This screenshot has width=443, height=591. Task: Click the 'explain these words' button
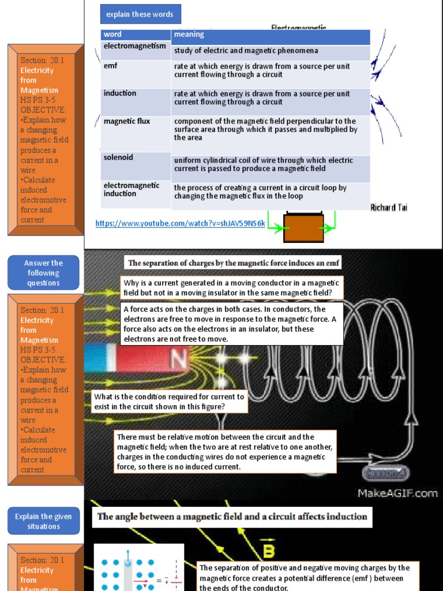pyautogui.click(x=140, y=14)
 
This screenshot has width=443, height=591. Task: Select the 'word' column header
pyautogui.click(x=113, y=35)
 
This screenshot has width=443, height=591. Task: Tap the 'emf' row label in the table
pyautogui.click(x=111, y=66)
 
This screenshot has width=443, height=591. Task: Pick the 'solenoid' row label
pyautogui.click(x=118, y=157)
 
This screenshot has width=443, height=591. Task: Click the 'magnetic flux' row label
pyautogui.click(x=127, y=121)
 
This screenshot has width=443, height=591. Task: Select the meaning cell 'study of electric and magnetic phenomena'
pyautogui.click(x=246, y=51)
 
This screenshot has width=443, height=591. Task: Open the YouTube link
pyautogui.click(x=181, y=223)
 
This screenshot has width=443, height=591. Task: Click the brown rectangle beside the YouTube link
pyautogui.click(x=303, y=225)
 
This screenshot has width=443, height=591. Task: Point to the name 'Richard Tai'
pyautogui.click(x=389, y=208)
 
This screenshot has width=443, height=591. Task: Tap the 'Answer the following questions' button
pyautogui.click(x=43, y=273)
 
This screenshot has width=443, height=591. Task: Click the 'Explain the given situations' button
pyautogui.click(x=43, y=521)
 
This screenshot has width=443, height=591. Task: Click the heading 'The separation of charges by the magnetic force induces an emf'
pyautogui.click(x=234, y=263)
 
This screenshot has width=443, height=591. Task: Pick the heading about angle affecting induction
pyautogui.click(x=232, y=517)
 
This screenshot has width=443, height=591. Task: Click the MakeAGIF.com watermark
pyautogui.click(x=397, y=493)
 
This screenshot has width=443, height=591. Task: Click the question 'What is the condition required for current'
pyautogui.click(x=170, y=402)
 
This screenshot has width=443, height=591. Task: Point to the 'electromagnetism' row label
pyautogui.click(x=134, y=46)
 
